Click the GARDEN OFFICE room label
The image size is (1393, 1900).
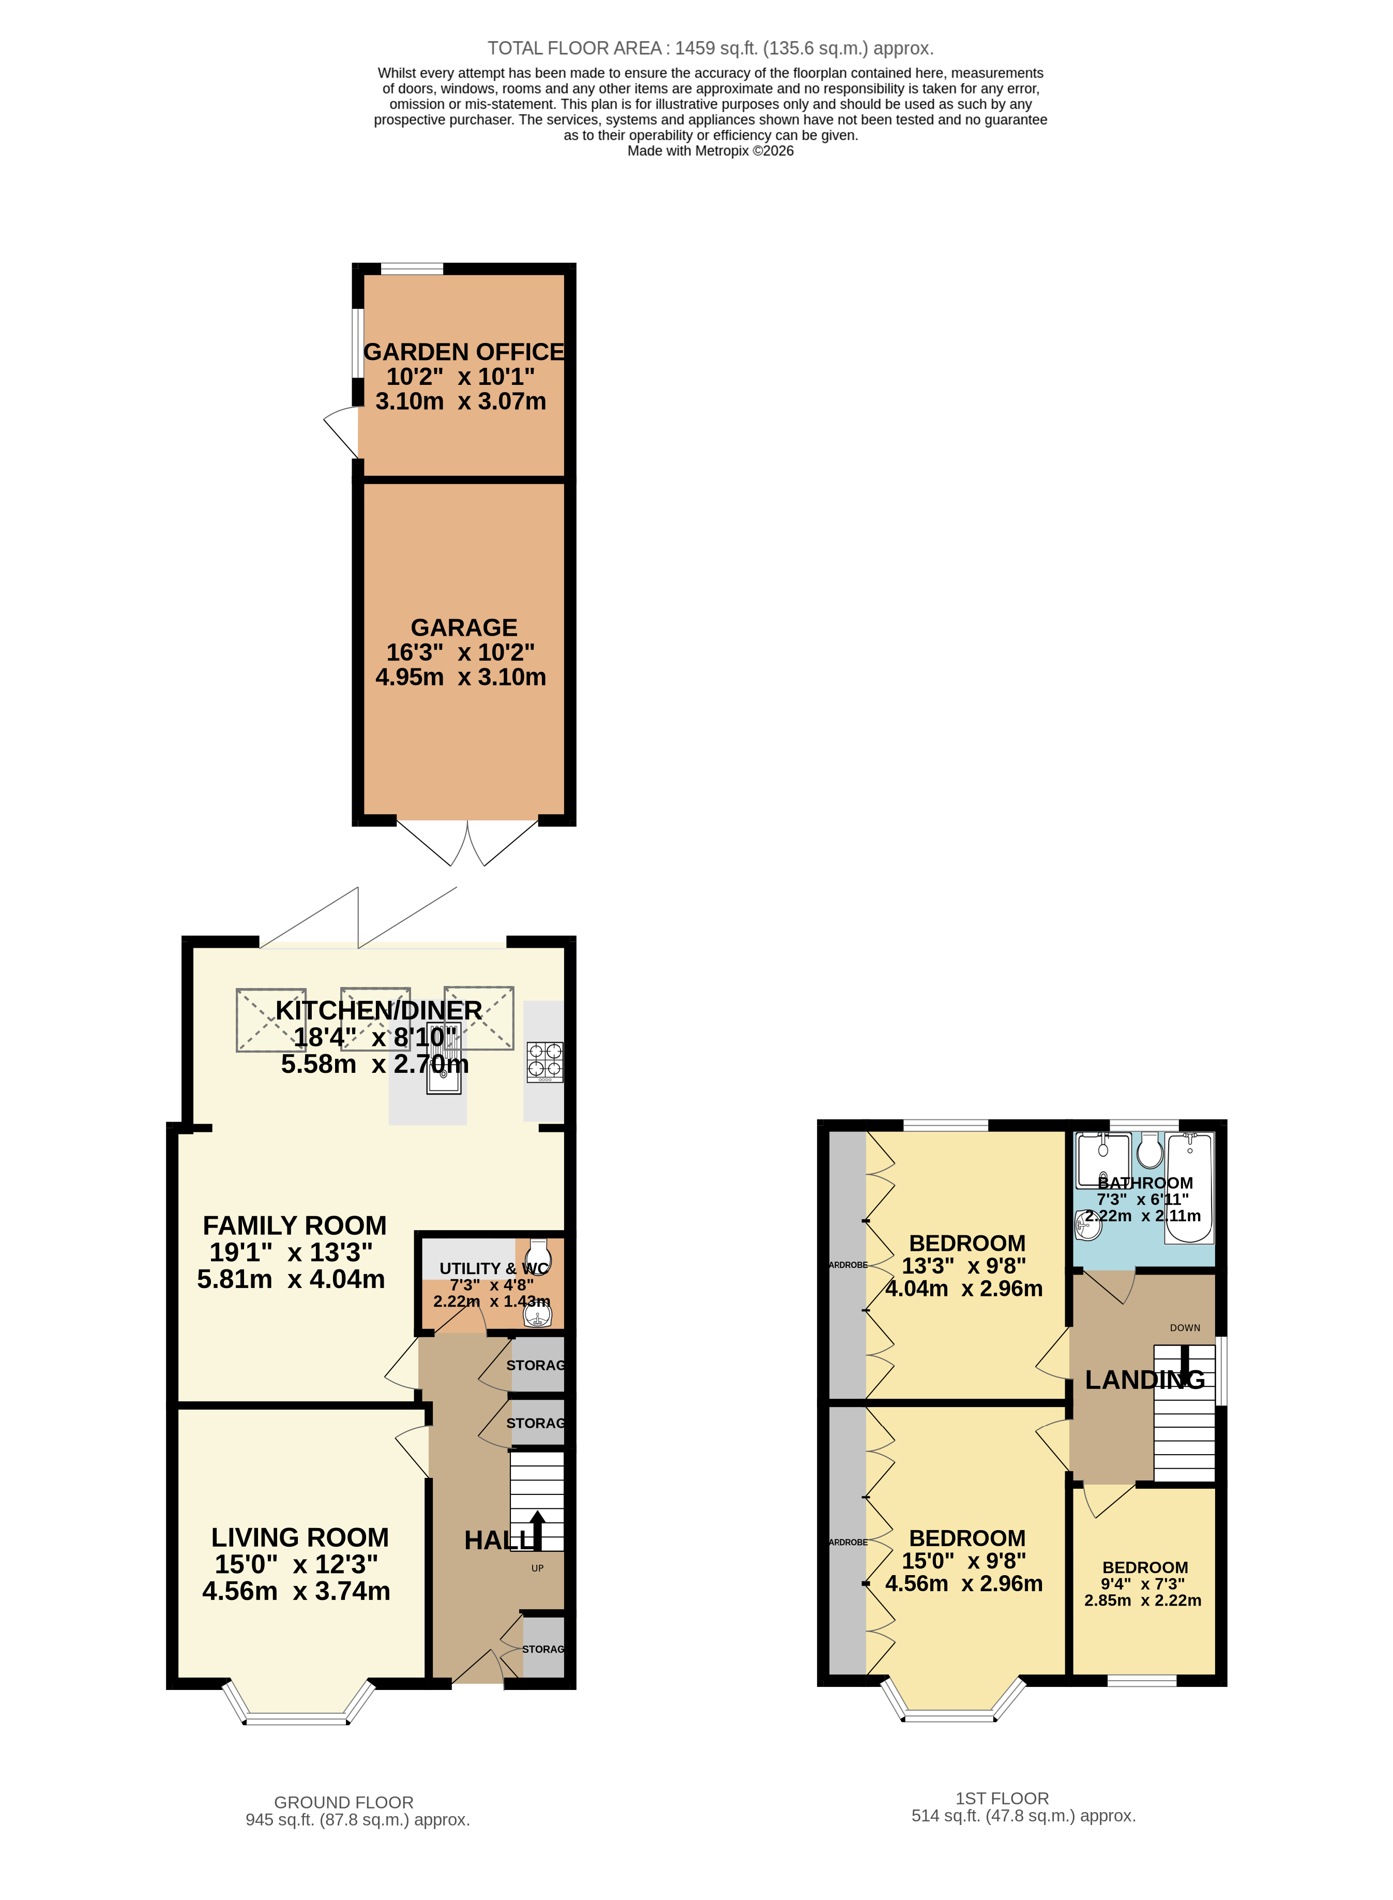pyautogui.click(x=463, y=352)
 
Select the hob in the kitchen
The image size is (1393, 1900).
pyautogui.click(x=544, y=1062)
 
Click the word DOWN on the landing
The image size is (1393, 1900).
pyautogui.click(x=1185, y=1327)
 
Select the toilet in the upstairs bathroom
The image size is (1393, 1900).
pyautogui.click(x=1150, y=1150)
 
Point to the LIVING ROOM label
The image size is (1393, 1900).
pyautogui.click(x=299, y=1537)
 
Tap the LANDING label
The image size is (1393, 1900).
pyautogui.click(x=1144, y=1380)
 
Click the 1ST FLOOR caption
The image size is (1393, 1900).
pyautogui.click(x=1002, y=1798)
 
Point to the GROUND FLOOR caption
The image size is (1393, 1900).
pyautogui.click(x=343, y=1802)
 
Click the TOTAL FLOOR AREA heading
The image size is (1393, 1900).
pyautogui.click(x=710, y=48)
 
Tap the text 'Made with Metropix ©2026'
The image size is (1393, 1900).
pyautogui.click(x=710, y=151)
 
